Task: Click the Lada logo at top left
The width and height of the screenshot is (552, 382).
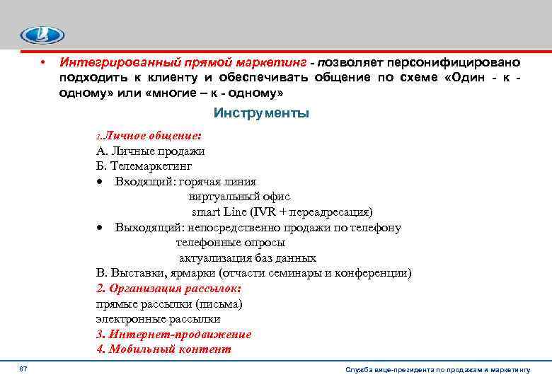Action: coord(42,35)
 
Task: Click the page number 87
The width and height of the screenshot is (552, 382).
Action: coord(23,370)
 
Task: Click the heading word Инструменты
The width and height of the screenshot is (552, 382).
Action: coord(261,113)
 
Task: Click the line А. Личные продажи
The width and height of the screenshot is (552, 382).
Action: coord(150,151)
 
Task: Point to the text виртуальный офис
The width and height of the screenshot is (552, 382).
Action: coord(239,197)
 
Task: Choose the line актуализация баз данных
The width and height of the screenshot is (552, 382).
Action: coord(247,258)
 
